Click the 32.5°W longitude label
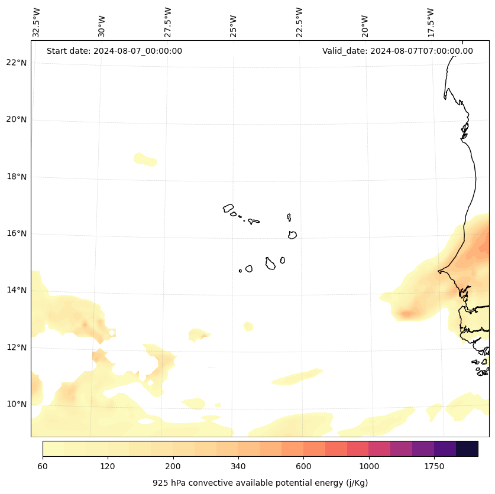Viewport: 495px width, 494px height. [37, 22]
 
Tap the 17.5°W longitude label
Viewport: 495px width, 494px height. [431, 22]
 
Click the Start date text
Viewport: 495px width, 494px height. [114, 51]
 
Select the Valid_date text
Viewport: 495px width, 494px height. [397, 51]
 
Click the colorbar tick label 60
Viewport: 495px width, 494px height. [43, 467]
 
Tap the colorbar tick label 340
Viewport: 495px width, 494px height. [238, 467]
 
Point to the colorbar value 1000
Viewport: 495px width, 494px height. [369, 467]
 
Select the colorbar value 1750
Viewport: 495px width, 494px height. [434, 467]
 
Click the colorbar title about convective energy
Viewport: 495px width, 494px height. [260, 483]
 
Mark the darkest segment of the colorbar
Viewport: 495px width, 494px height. [467, 448]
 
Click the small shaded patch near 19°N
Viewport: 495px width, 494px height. [145, 159]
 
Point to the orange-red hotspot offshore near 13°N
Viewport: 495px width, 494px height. [406, 313]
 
